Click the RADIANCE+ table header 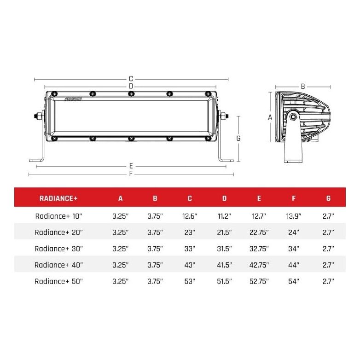(59, 198)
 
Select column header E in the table (259, 198)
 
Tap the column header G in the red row (328, 198)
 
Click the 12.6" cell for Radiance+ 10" (190, 215)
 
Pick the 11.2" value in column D (224, 215)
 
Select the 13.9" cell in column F (294, 215)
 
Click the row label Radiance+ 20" (59, 232)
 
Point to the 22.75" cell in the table (259, 232)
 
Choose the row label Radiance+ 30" (59, 249)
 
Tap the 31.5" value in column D (224, 249)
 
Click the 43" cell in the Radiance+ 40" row (190, 265)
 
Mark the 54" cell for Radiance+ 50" (294, 281)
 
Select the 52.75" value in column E (259, 281)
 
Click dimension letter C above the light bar (131, 79)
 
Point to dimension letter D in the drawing (131, 86)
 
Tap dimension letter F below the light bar (131, 174)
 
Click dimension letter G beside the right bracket (238, 138)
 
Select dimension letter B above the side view (302, 86)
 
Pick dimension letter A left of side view (270, 117)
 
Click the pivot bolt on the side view (293, 117)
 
